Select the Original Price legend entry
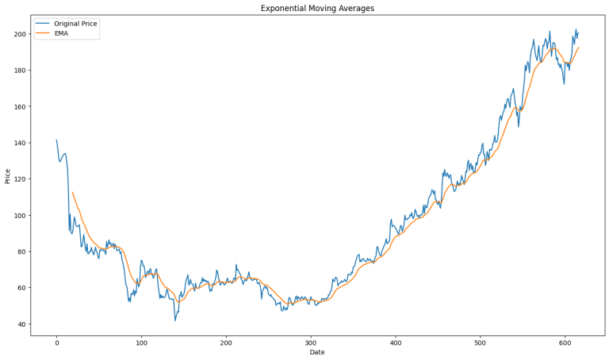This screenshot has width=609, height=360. click(x=75, y=24)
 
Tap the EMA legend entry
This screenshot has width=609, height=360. click(x=61, y=33)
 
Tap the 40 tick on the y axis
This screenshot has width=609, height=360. click(x=22, y=324)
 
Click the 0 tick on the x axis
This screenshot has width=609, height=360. click(x=56, y=343)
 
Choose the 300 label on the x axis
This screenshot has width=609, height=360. click(x=311, y=343)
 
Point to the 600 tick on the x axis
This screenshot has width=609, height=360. click(x=565, y=343)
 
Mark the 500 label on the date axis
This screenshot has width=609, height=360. click(x=480, y=343)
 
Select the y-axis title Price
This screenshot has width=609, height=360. click(x=8, y=176)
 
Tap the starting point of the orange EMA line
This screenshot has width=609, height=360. click(x=72, y=192)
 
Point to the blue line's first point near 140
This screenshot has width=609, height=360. click(x=56, y=140)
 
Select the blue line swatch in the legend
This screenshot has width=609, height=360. click(x=44, y=24)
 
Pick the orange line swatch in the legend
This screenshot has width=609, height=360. click(x=44, y=33)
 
